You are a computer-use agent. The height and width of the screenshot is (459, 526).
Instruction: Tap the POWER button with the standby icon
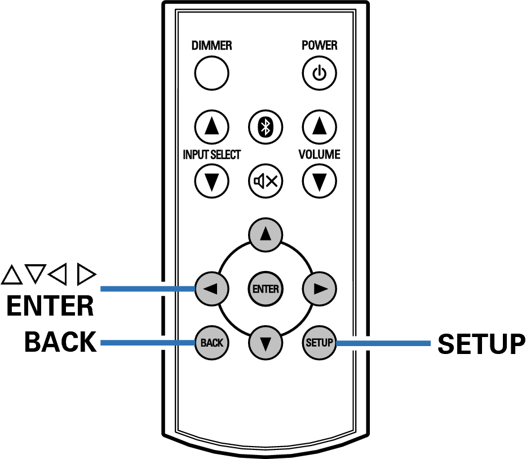(319, 73)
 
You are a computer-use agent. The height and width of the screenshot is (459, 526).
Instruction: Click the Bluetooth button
(266, 126)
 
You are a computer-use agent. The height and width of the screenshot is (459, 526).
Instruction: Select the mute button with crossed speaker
(266, 181)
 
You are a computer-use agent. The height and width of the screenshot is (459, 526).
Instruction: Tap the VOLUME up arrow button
(320, 126)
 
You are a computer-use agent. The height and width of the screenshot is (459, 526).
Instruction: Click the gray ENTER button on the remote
(266, 288)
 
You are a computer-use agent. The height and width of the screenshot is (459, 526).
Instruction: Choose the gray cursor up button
(266, 234)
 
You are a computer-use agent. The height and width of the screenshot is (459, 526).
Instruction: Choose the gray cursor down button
(266, 342)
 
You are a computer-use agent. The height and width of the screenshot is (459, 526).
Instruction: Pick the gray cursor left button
(211, 288)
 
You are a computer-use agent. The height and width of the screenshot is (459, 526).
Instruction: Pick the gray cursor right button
(320, 288)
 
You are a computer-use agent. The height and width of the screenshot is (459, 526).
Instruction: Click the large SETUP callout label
(481, 344)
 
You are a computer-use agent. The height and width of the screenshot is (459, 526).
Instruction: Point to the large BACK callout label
(60, 342)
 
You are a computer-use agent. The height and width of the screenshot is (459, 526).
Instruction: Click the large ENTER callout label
(50, 306)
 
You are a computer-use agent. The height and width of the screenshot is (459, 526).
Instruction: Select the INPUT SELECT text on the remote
(211, 154)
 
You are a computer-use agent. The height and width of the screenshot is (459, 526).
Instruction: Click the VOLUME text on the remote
(320, 154)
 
